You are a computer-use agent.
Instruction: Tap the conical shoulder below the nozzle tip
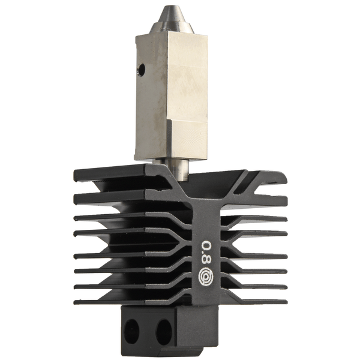click(x=171, y=24)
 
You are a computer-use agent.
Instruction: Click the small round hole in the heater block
click(x=142, y=70)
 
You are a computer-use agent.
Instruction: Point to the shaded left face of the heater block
click(x=147, y=102)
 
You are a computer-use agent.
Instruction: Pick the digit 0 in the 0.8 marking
click(x=206, y=247)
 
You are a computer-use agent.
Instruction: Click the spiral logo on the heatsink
click(x=206, y=278)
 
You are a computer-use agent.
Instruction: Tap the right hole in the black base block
click(x=163, y=328)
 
